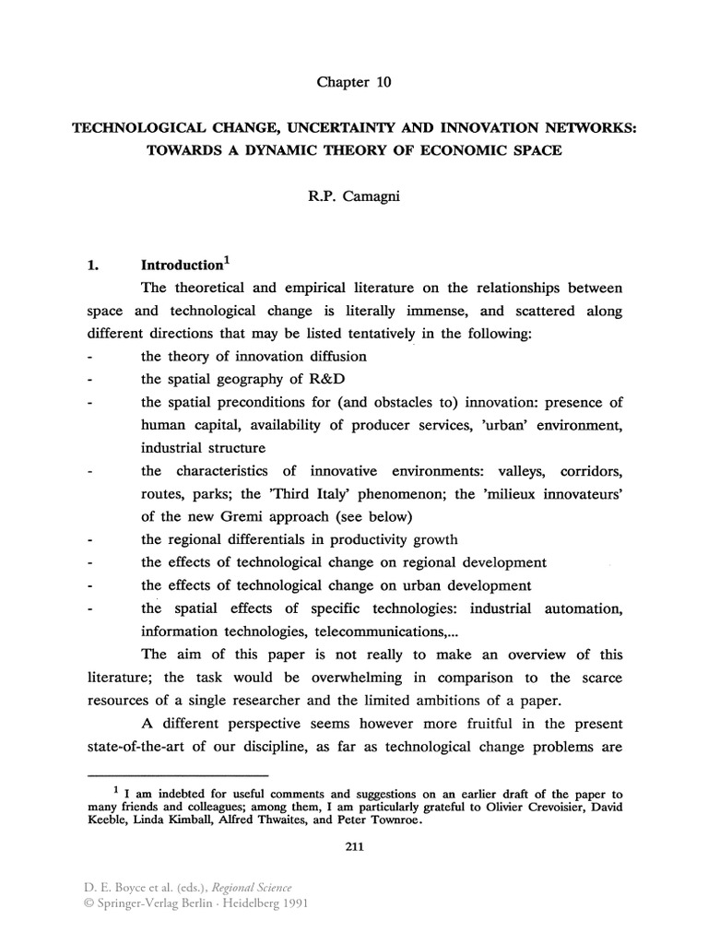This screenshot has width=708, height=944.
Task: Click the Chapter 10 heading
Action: coord(354,82)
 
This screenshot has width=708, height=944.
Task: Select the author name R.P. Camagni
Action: coord(354,196)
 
